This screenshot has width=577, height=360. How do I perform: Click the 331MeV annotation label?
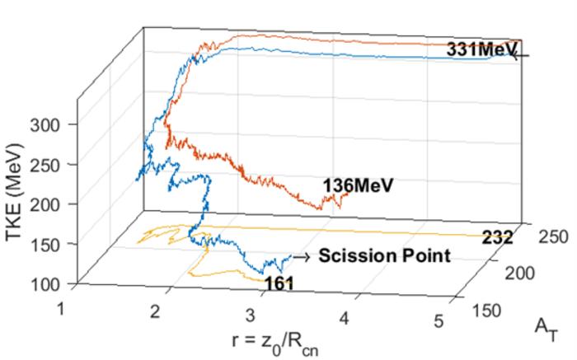[x=481, y=49]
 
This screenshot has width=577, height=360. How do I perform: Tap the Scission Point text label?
[x=385, y=255]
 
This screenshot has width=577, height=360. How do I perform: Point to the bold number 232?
[x=497, y=238]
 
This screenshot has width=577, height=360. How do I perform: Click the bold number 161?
[x=279, y=284]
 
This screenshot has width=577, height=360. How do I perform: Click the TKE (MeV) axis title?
[x=14, y=192]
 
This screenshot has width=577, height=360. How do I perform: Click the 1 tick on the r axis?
[x=59, y=307]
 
